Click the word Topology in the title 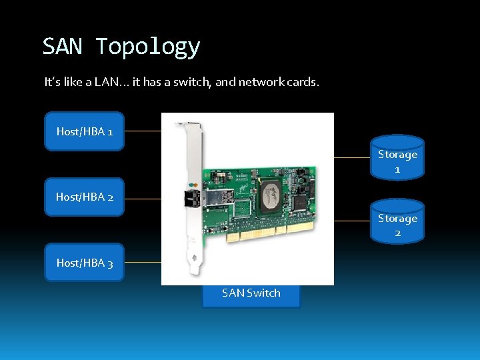tap(147, 47)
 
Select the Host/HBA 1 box tap(84, 131)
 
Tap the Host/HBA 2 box tap(84, 197)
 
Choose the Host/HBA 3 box tap(84, 263)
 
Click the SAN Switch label tap(251, 293)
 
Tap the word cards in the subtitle tap(303, 83)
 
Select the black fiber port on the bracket tap(189, 198)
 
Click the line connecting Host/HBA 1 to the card tap(143, 131)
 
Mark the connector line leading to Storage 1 tap(352, 158)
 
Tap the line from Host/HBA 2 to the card tap(143, 198)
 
